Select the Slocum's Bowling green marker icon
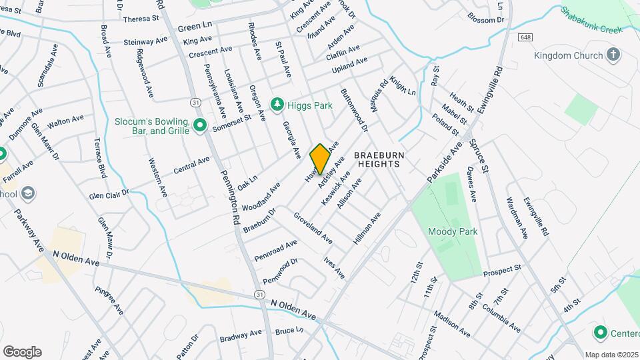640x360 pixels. point(199,125)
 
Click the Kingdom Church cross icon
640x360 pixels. point(613,55)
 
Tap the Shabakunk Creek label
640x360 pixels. point(591,21)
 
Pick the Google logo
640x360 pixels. point(22,351)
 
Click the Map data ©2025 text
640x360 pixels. point(611,355)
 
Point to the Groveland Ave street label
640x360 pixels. point(313,227)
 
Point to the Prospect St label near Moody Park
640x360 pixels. point(501,271)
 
